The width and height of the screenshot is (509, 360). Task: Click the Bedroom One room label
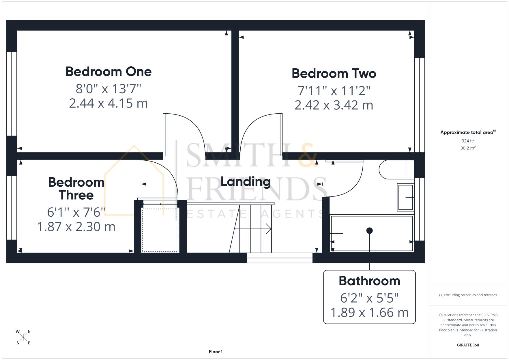(108, 72)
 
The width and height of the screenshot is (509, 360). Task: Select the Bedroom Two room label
(334, 73)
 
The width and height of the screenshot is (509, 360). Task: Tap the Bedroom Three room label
(76, 189)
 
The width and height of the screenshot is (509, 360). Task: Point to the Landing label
(246, 182)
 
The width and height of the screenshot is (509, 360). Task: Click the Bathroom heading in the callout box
(369, 281)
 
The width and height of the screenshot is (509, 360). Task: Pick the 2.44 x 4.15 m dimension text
(108, 103)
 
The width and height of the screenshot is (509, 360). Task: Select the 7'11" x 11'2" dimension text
(334, 90)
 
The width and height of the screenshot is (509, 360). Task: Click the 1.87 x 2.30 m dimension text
(76, 227)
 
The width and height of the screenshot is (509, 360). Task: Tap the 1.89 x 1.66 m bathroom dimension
(369, 313)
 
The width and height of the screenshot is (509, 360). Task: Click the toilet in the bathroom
(395, 169)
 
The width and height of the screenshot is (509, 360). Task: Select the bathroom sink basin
(405, 197)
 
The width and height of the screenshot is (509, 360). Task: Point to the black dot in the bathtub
(369, 231)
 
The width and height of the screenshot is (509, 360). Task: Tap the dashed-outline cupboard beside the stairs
(160, 230)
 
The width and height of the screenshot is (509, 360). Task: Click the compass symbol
(23, 337)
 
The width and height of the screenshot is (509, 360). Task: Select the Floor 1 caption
(216, 352)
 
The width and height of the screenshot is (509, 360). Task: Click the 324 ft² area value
(468, 141)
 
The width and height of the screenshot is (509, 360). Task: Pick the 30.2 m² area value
(468, 148)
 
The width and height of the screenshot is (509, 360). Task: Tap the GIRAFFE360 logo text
(468, 345)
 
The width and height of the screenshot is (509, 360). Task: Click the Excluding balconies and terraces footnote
(468, 295)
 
